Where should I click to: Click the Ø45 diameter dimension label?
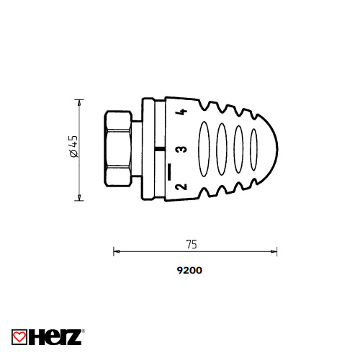pos(73,146)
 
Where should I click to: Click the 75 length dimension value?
pos(192,244)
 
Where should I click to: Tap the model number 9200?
pos(189,270)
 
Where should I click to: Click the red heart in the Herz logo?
pos(19,337)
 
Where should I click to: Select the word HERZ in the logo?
pos(55,337)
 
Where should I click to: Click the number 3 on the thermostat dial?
pos(181,149)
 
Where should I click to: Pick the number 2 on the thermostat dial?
pos(181,186)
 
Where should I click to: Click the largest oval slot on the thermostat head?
pos(204,149)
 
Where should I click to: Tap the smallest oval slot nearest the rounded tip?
pos(253,150)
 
